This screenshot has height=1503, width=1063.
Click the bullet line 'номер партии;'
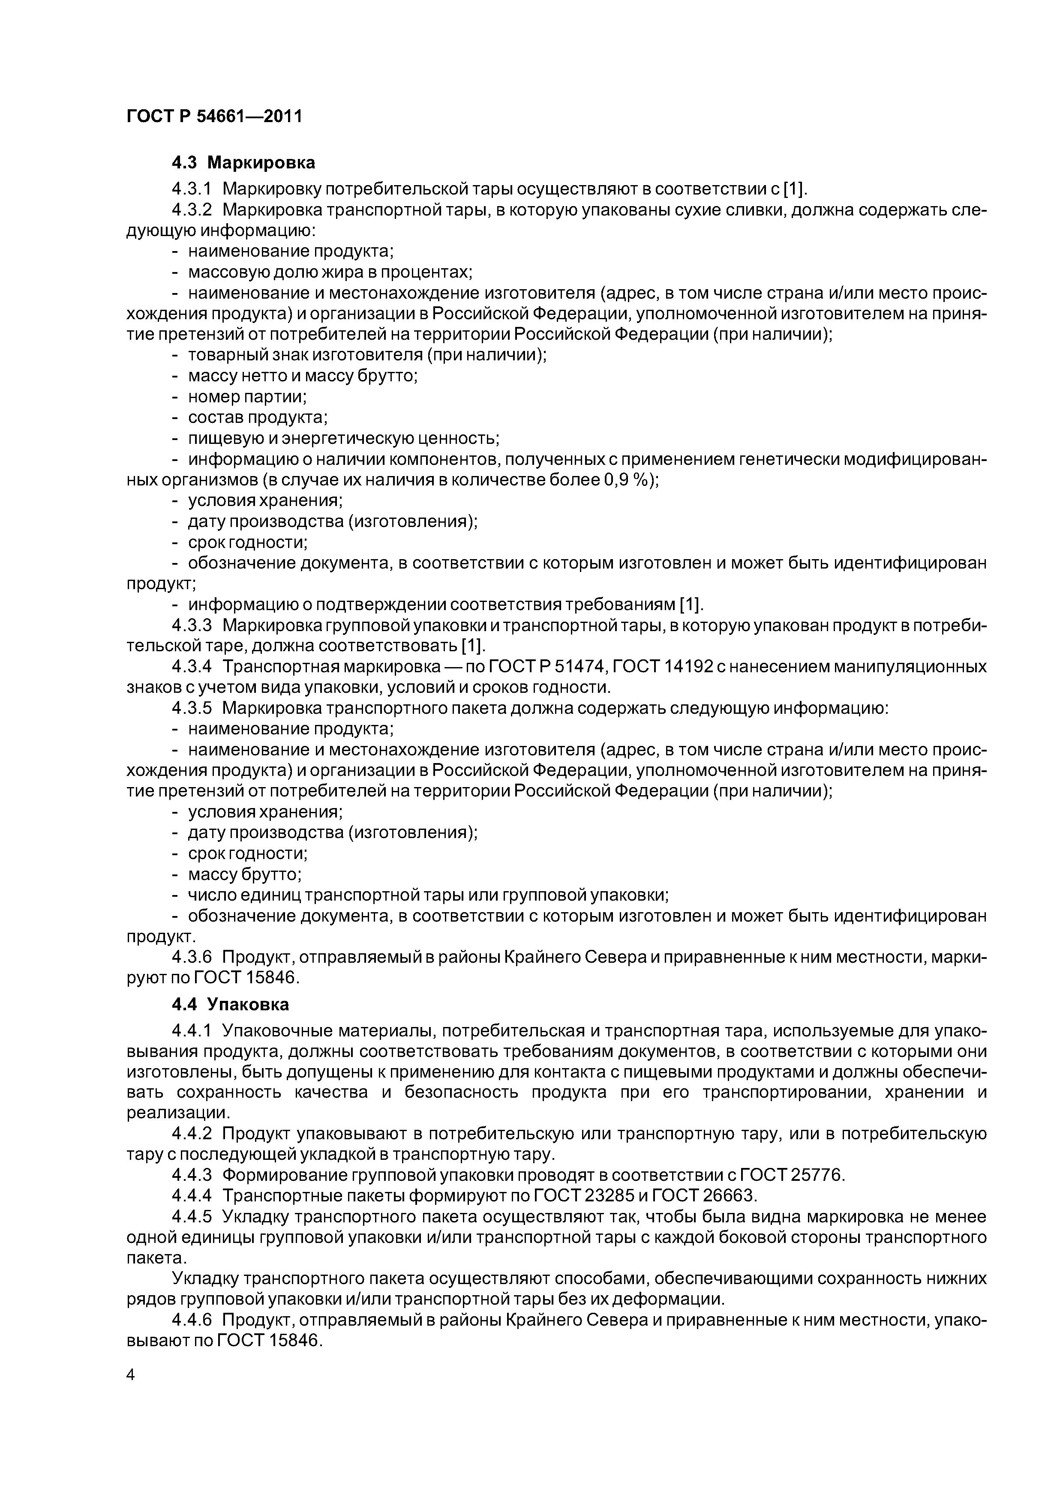pyautogui.click(x=248, y=397)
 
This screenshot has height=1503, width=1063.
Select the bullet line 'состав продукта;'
pyautogui.click(x=258, y=418)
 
